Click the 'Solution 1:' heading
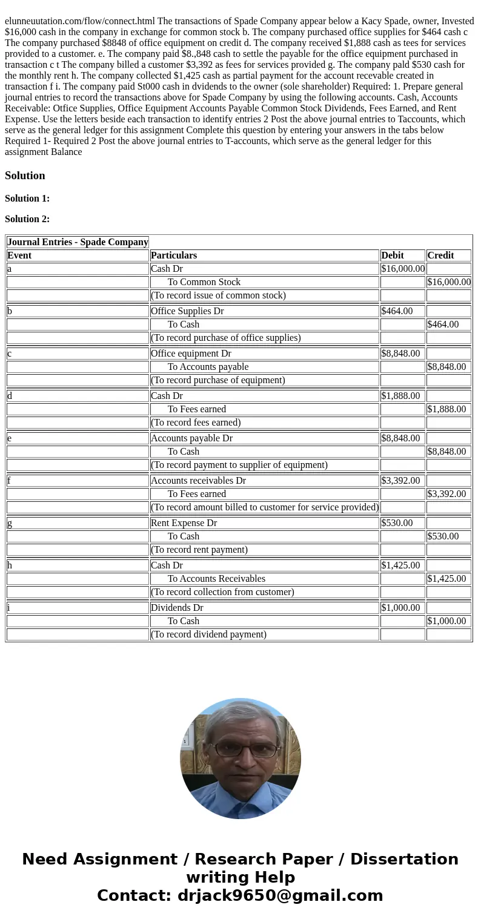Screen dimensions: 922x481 click(x=27, y=199)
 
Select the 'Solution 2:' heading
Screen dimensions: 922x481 click(x=27, y=219)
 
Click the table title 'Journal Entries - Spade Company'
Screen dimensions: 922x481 click(x=78, y=242)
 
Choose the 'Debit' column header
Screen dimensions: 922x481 click(x=393, y=255)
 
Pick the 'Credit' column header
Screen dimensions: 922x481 click(x=440, y=255)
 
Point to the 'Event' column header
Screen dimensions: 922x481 click(x=19, y=255)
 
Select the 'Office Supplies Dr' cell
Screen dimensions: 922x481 click(x=187, y=311)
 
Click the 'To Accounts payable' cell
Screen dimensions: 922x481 click(x=208, y=367)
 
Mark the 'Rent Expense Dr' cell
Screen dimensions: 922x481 click(x=184, y=523)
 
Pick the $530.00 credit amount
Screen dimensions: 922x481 click(x=443, y=536)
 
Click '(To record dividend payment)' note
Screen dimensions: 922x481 click(x=208, y=634)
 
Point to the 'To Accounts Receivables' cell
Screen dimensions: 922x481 click(x=216, y=579)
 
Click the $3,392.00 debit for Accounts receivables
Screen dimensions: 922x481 click(x=400, y=481)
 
